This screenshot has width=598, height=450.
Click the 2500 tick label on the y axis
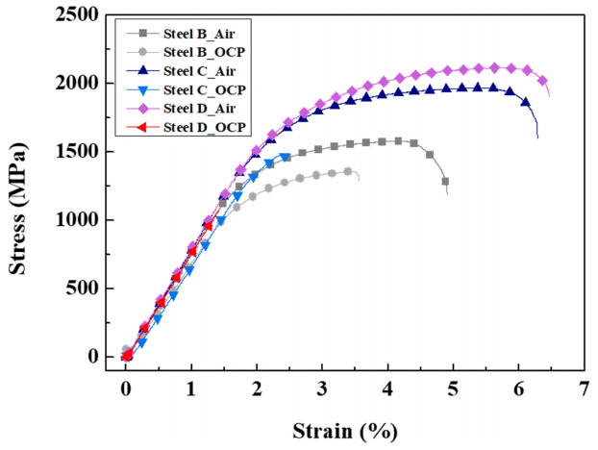[81, 15]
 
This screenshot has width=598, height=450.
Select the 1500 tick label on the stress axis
[81, 152]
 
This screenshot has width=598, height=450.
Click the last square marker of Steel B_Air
[445, 181]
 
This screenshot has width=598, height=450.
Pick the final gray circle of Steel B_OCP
[348, 171]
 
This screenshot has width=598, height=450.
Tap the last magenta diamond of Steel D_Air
[542, 81]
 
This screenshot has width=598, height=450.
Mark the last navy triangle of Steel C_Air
[525, 101]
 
